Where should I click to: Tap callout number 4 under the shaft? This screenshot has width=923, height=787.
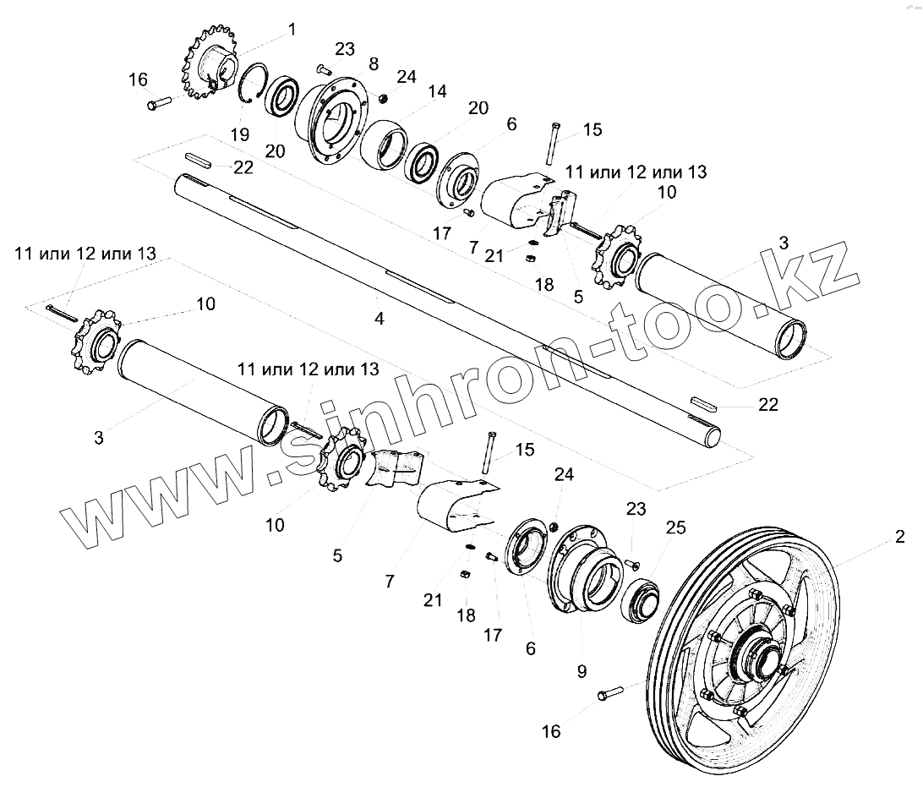point(380,319)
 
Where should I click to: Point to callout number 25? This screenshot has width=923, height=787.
point(675,528)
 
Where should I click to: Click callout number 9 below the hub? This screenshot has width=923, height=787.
point(582,673)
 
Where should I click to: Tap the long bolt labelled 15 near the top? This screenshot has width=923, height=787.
point(550,145)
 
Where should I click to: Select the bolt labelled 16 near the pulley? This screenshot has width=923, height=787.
point(609,694)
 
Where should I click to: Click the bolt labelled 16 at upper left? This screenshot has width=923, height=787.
point(159,105)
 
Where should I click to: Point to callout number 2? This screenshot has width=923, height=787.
point(900,536)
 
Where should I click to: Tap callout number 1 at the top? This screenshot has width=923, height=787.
point(292,30)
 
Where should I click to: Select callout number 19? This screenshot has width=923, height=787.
point(239,135)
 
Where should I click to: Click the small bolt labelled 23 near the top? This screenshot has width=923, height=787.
point(324,68)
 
